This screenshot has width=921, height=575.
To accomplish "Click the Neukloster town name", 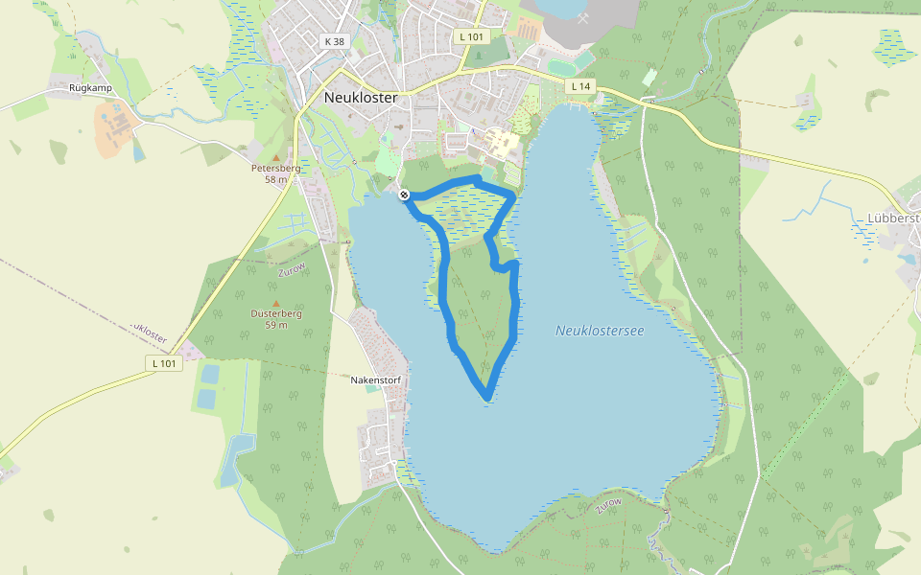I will [361, 97].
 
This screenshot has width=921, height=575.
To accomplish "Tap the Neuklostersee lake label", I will [600, 331].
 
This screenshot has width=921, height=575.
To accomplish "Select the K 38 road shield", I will [334, 41].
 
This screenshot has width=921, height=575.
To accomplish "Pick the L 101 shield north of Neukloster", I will [472, 36].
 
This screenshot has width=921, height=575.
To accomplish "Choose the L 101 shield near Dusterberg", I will [164, 363].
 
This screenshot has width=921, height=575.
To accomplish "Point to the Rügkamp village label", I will [92, 87].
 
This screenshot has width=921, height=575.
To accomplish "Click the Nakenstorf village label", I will [375, 380].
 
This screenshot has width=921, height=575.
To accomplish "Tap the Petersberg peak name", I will [275, 169].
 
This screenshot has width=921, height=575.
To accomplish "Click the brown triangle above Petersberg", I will [276, 157].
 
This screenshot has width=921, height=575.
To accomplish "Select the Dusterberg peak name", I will [276, 313].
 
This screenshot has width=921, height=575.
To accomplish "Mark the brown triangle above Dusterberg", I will [276, 302].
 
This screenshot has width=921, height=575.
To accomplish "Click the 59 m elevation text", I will [276, 325].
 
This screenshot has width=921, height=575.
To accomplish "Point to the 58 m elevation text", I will [276, 179].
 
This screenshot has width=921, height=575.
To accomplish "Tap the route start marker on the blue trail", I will [405, 195].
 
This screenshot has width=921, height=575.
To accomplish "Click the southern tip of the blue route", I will [488, 396].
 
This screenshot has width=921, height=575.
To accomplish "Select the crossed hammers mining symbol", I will [583, 16].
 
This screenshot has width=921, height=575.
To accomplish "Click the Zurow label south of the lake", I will [608, 505].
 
